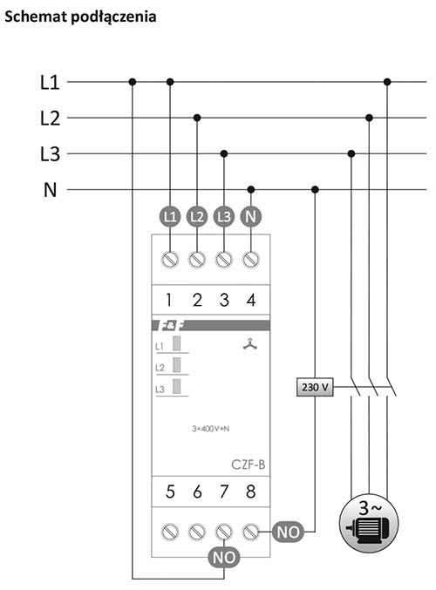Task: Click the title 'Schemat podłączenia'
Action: [80, 17]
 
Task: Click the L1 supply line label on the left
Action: [50, 82]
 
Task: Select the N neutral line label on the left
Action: [50, 190]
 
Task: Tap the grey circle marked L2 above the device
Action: [197, 217]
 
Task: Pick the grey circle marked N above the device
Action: [251, 217]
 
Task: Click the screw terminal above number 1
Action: [170, 260]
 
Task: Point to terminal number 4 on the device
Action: [251, 300]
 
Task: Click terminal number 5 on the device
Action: [170, 492]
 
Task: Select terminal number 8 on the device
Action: [251, 492]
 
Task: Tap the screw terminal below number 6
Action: [197, 532]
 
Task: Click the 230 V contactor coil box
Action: [315, 387]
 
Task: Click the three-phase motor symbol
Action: [369, 524]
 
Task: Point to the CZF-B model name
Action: [249, 465]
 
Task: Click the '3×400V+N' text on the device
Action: [210, 429]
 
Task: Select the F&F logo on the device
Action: [173, 325]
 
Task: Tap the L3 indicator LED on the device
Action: [177, 387]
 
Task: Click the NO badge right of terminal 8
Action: [288, 532]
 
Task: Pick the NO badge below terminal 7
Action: [224, 557]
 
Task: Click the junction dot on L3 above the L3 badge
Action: [224, 153]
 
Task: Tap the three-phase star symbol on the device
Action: [250, 344]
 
